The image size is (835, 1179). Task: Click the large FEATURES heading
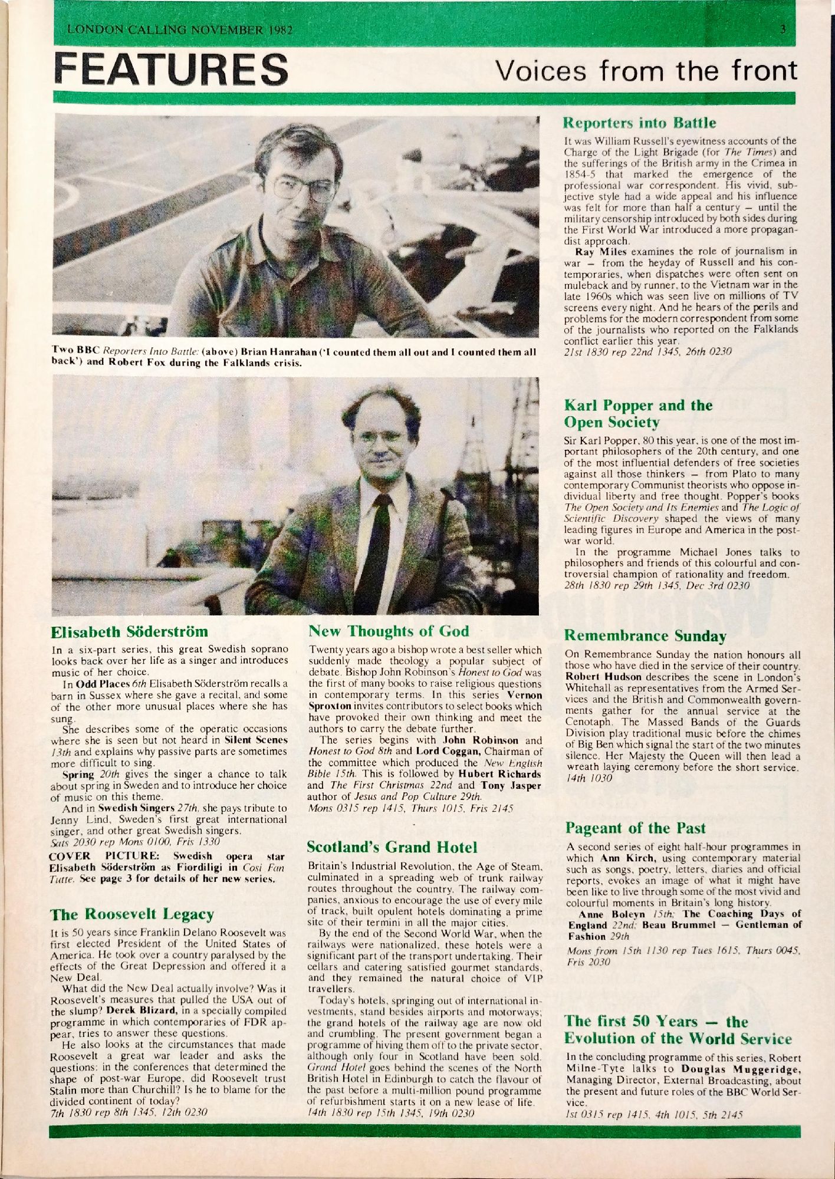click(171, 69)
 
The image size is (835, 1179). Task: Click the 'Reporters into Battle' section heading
click(640, 123)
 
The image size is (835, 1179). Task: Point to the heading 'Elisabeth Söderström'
click(129, 632)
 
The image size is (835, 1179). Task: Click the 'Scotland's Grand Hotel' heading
click(392, 848)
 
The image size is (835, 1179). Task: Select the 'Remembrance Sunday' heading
click(645, 635)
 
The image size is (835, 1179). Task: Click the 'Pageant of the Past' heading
click(635, 828)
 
